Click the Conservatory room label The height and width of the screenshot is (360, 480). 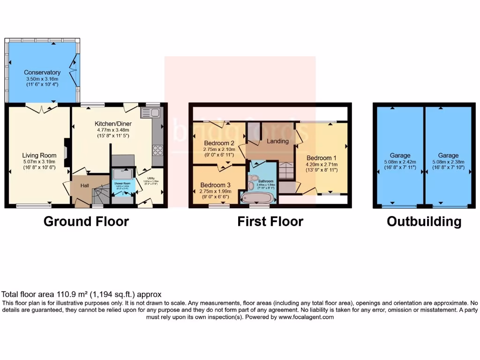click(x=42, y=73)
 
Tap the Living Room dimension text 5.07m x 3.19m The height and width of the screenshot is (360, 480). click(x=39, y=162)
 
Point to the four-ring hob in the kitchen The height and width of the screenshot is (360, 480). click(x=157, y=150)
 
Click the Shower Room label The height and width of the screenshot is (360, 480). click(x=121, y=184)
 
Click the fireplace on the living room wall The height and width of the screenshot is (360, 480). click(x=67, y=151)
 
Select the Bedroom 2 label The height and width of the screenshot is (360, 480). click(x=219, y=143)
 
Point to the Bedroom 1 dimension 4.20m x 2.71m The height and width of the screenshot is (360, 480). click(x=322, y=165)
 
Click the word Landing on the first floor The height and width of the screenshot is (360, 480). click(x=278, y=141)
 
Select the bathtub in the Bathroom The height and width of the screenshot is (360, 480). click(x=257, y=197)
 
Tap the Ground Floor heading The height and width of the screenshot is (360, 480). click(x=86, y=221)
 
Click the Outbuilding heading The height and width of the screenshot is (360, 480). click(x=424, y=221)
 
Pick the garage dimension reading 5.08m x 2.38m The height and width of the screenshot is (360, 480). click(x=448, y=162)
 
